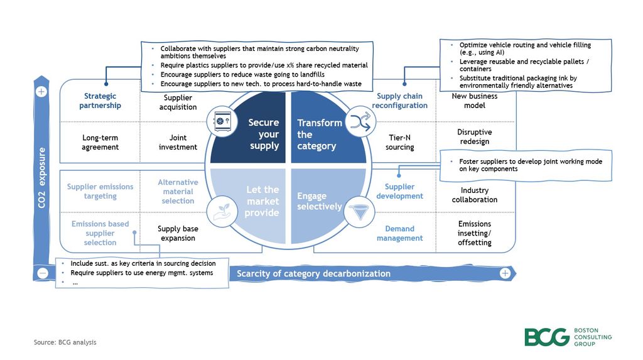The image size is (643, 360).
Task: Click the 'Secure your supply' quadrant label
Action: pos(263,134)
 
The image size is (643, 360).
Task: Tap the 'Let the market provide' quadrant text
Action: pos(262,200)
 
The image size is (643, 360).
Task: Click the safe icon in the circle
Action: pos(221,122)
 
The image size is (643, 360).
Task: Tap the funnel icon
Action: pos(359,214)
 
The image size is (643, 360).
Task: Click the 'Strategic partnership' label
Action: pos(100,101)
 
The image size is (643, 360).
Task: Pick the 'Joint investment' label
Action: pos(178,142)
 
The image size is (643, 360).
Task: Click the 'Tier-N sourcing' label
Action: pos(399,142)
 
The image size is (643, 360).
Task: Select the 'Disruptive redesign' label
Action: pos(474,137)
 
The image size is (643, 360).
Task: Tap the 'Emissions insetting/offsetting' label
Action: pos(474,233)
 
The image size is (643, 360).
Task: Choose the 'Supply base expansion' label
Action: pos(178,233)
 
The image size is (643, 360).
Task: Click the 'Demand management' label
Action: pos(399,233)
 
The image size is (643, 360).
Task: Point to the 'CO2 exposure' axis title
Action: pos(41,178)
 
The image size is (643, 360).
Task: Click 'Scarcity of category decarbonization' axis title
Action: pos(313,273)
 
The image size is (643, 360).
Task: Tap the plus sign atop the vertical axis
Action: pos(41,92)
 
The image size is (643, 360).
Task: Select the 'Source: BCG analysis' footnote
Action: pos(65,342)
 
